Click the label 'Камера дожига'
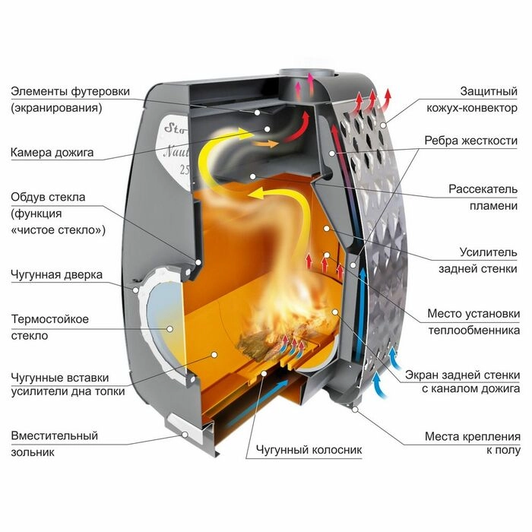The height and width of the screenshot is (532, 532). click(x=52, y=152)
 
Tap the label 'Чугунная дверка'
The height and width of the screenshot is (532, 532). click(x=57, y=274)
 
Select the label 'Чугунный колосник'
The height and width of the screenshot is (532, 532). click(x=309, y=450)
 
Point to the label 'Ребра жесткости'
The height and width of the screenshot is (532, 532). click(x=471, y=141)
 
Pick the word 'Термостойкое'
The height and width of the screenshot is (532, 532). click(x=50, y=319)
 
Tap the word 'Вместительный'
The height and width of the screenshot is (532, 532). click(x=55, y=436)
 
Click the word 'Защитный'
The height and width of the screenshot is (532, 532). click(x=490, y=91)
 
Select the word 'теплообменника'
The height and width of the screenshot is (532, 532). click(x=473, y=330)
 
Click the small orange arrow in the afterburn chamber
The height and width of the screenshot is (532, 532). click(x=265, y=143)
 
